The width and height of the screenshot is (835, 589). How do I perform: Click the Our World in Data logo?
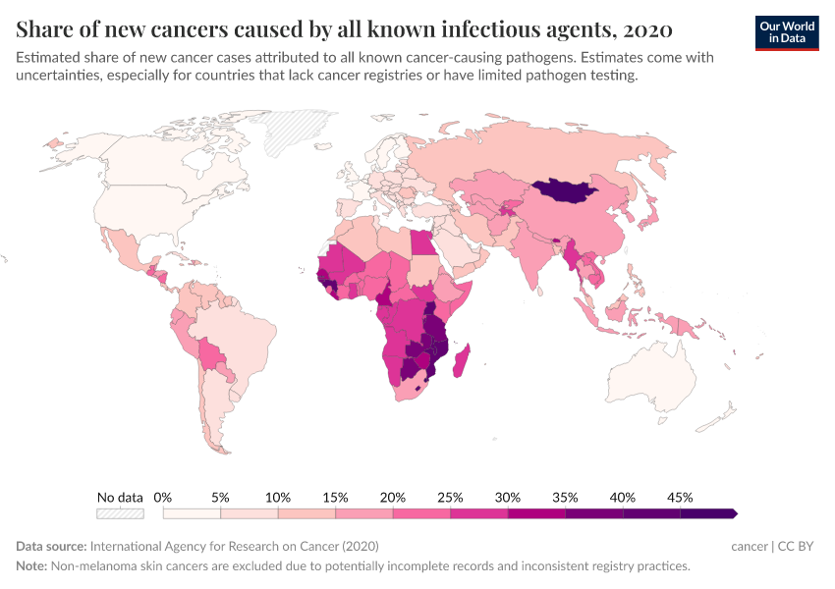coord(787,32)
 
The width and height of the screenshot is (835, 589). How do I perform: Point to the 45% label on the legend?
coord(680,498)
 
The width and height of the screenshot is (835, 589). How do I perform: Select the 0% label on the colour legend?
coord(163,498)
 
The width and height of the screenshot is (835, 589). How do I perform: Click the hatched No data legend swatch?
coord(120,513)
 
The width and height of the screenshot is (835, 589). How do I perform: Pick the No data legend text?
coord(120,498)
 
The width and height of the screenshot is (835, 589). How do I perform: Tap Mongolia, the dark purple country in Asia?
coord(564,190)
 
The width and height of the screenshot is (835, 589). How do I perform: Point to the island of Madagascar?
coord(464,357)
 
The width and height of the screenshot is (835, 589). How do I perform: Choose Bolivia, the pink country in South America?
coord(210,352)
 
